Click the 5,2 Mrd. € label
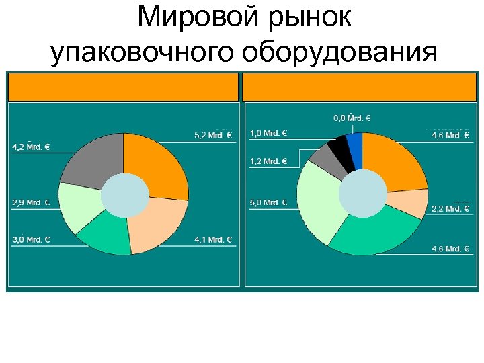pos(212,135)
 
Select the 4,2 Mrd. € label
pos(32,147)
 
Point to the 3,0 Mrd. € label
pos(32,239)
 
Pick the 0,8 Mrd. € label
pos(352,118)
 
